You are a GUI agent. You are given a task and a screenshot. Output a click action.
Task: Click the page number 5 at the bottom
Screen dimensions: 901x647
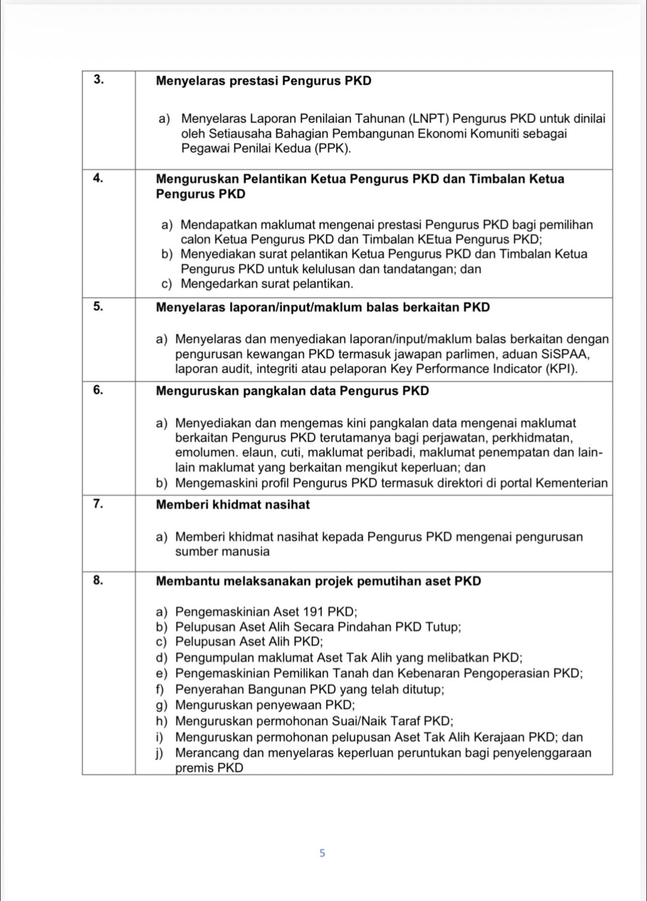coord(322,853)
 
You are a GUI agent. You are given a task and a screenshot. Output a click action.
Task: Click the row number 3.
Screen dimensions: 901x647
coord(99,80)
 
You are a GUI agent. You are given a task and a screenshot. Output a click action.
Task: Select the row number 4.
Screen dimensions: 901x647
coord(99,178)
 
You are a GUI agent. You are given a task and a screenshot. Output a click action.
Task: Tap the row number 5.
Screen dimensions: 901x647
coord(99,306)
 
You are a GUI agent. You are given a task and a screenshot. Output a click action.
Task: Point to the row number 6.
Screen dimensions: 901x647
coord(99,390)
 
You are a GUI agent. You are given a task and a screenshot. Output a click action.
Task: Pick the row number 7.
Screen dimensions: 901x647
coord(99,504)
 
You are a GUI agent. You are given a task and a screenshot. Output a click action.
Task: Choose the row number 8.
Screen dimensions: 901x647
coord(99,581)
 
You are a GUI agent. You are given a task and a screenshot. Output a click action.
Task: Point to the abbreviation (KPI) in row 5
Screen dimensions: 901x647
coord(561,369)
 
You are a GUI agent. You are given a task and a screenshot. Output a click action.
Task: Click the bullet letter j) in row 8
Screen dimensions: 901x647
coord(160,753)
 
